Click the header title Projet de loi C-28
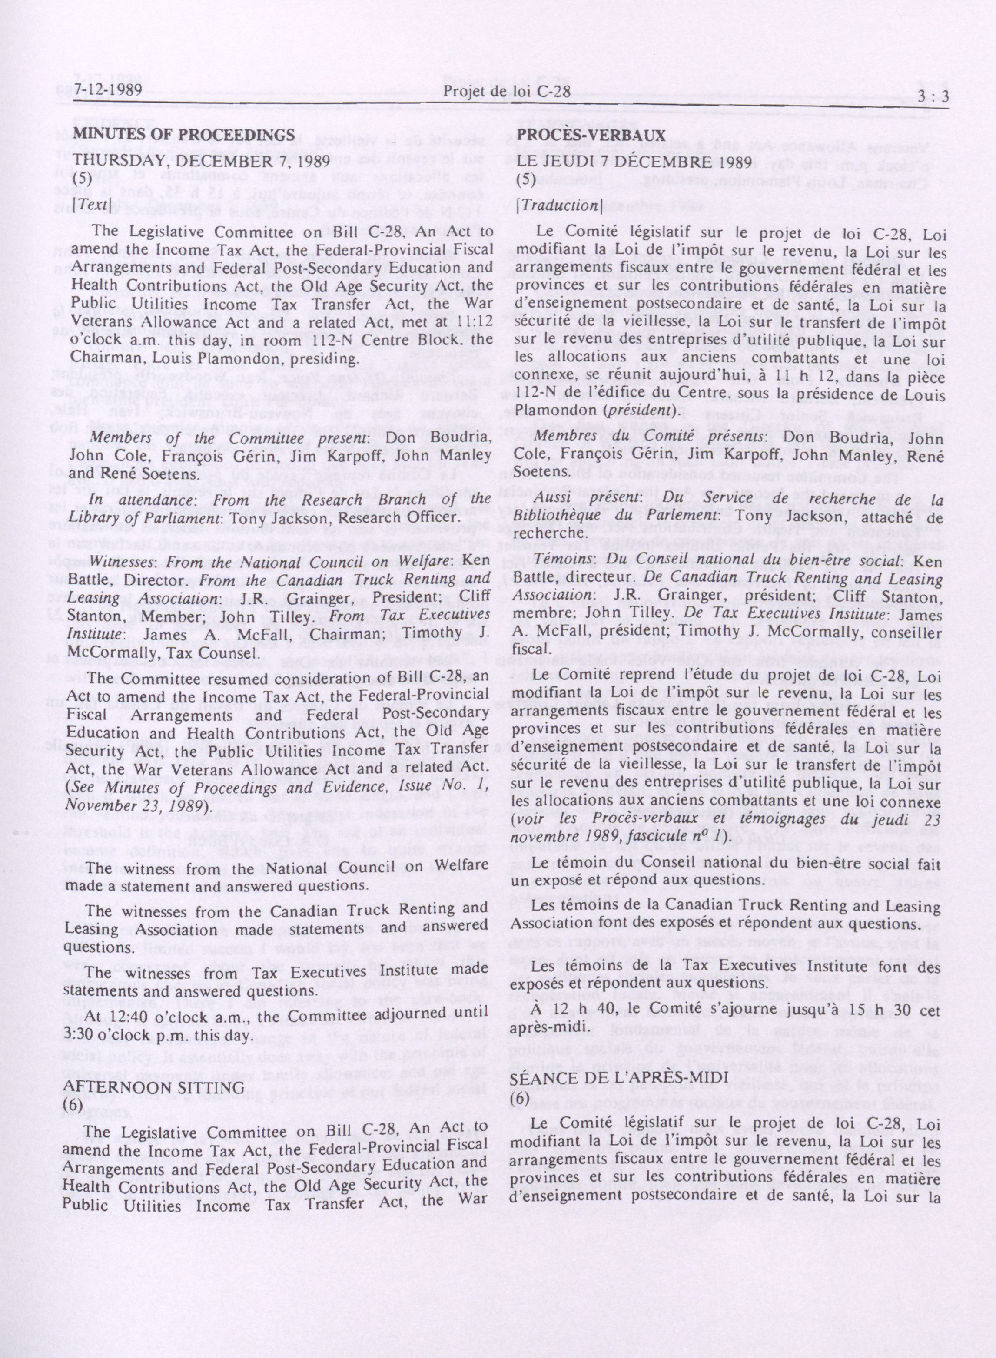(506, 93)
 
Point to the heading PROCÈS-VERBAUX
(591, 135)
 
